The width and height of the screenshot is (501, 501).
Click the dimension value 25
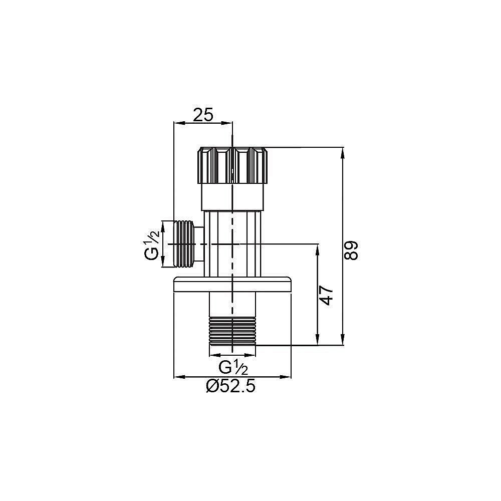[203, 115]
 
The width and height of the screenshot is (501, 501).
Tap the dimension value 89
[352, 250]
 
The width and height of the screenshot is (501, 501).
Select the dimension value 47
[326, 296]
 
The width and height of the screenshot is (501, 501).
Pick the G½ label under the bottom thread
[233, 368]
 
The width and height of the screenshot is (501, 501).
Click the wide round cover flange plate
[232, 284]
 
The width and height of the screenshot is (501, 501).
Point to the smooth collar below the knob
[232, 197]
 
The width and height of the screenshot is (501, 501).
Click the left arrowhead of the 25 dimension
[177, 122]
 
